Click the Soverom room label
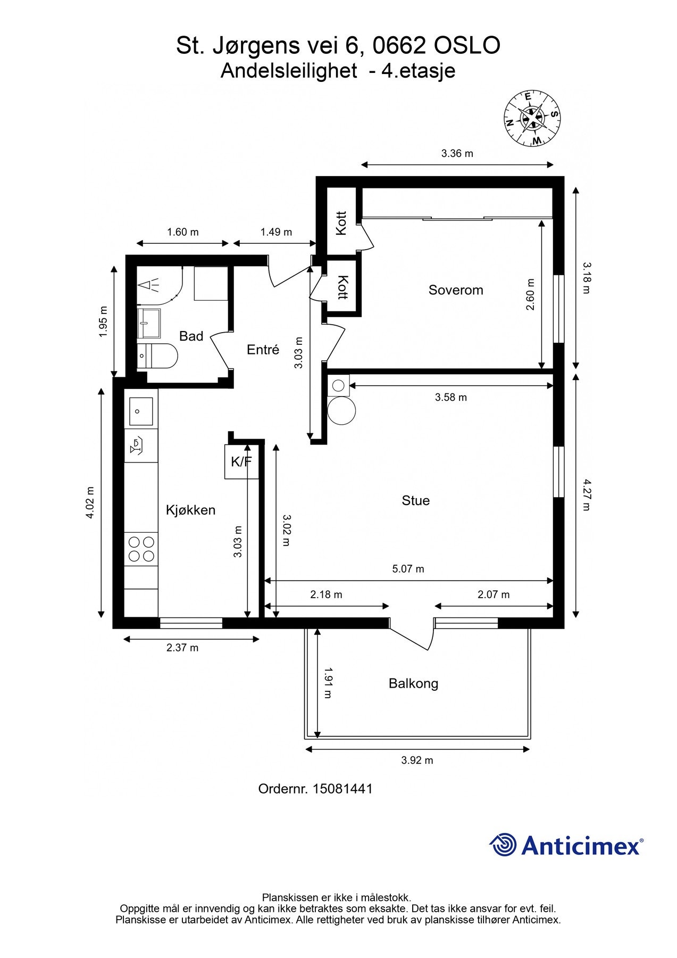(x=456, y=290)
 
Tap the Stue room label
(x=415, y=500)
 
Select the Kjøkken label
(x=190, y=510)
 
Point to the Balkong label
(x=413, y=683)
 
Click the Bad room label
(x=191, y=336)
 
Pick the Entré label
(x=263, y=350)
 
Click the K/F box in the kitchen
(x=241, y=461)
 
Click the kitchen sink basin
(x=141, y=411)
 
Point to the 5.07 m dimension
(x=408, y=569)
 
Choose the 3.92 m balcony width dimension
(x=417, y=761)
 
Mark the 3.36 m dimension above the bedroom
(x=457, y=154)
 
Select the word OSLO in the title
(x=467, y=46)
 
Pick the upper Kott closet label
(x=341, y=223)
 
